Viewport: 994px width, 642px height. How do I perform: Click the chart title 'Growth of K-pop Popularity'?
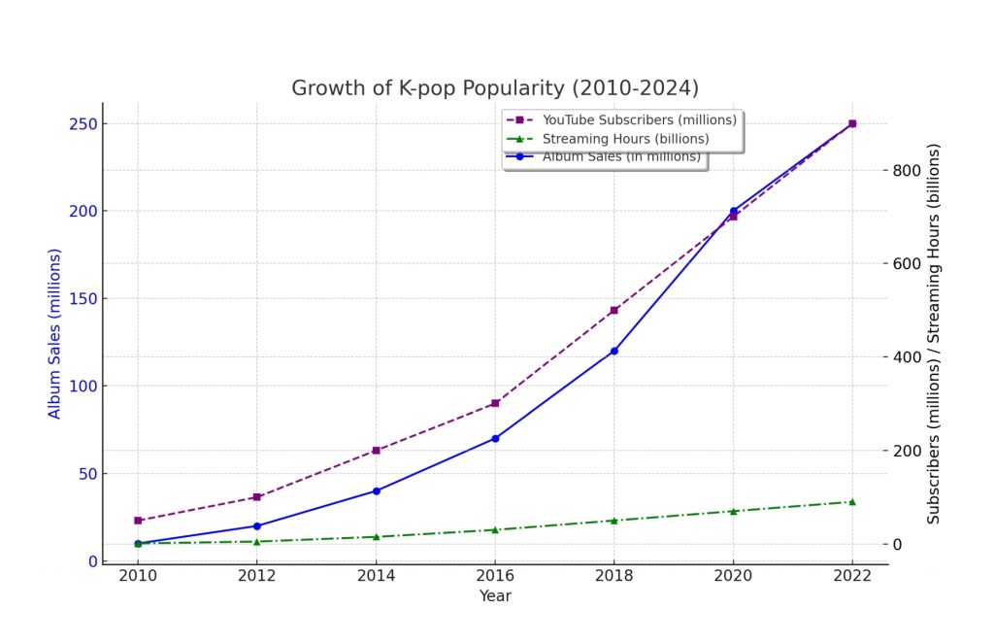(494, 87)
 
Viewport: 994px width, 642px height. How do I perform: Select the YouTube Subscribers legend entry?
(621, 119)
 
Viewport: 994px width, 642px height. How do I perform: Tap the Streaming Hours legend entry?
(608, 139)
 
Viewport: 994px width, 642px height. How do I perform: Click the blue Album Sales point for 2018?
(614, 351)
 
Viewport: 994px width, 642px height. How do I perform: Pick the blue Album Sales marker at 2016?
(495, 438)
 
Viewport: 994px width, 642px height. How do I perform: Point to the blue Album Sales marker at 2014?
(376, 491)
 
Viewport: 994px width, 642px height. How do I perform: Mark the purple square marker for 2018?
(614, 310)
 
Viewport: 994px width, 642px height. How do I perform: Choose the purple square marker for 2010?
(138, 521)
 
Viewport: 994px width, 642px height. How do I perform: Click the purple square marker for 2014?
(376, 451)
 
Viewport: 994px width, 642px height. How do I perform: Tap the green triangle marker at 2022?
(852, 502)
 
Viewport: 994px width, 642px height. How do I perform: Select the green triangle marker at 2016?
(495, 529)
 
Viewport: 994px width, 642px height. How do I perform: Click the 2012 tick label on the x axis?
(256, 575)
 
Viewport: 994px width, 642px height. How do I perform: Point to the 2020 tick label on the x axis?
(733, 575)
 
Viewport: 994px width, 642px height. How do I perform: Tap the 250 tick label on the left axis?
(83, 123)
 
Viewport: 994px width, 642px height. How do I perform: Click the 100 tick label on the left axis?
(83, 386)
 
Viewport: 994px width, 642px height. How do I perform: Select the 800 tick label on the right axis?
(906, 170)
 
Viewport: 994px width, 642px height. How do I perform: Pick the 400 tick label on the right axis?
(906, 357)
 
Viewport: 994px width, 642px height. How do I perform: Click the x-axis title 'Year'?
(495, 595)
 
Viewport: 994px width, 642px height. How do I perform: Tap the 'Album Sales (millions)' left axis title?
(54, 334)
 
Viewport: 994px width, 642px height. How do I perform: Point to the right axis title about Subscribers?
(933, 334)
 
